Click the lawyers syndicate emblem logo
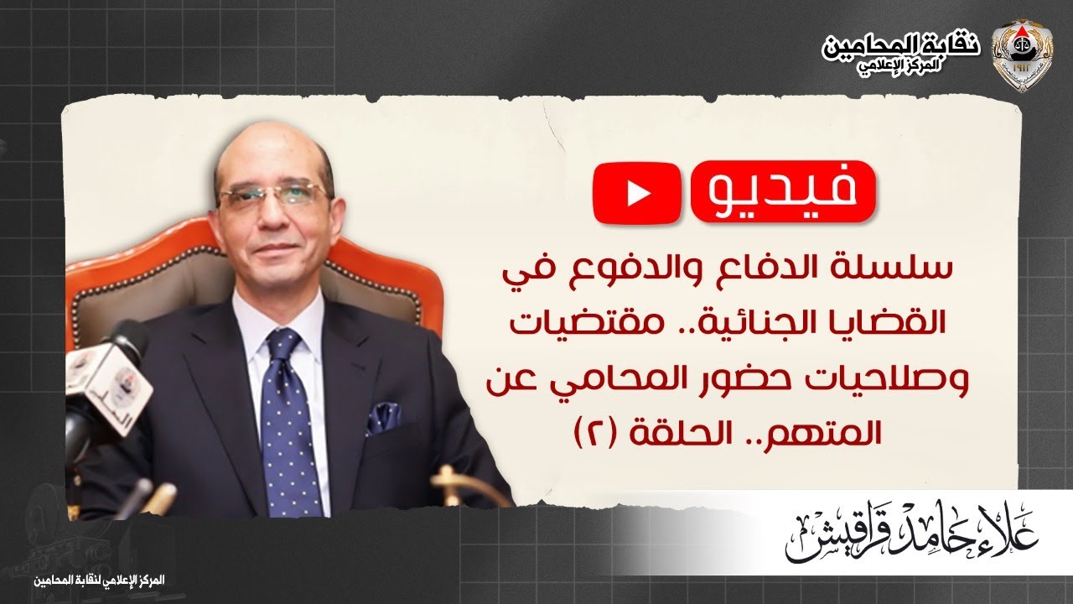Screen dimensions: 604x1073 click(x=1019, y=54)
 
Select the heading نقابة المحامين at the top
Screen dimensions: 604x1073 click(x=901, y=46)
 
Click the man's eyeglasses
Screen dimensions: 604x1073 click(x=272, y=197)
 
